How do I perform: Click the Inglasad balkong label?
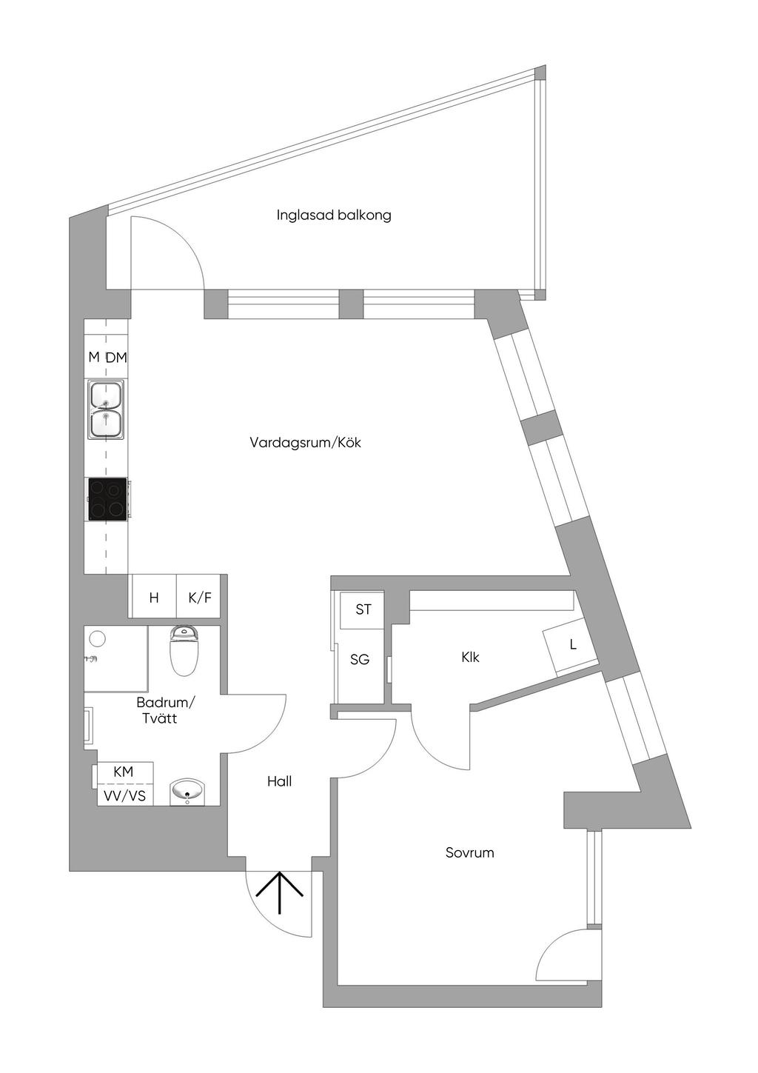click(334, 215)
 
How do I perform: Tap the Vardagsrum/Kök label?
click(305, 443)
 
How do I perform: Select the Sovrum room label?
click(469, 852)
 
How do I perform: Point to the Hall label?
click(279, 781)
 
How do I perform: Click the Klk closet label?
click(470, 657)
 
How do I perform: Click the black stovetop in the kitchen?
click(107, 498)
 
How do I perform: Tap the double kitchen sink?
click(106, 410)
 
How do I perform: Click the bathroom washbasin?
click(189, 791)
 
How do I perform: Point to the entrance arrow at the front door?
click(280, 892)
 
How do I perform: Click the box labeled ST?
click(363, 609)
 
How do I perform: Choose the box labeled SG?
click(360, 659)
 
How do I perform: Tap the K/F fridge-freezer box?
click(200, 597)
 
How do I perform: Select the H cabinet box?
click(154, 597)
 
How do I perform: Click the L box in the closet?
click(572, 645)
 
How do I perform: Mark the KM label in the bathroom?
click(124, 772)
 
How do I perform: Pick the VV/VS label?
click(124, 796)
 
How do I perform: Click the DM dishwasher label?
click(116, 358)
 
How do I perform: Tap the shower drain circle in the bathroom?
click(95, 638)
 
